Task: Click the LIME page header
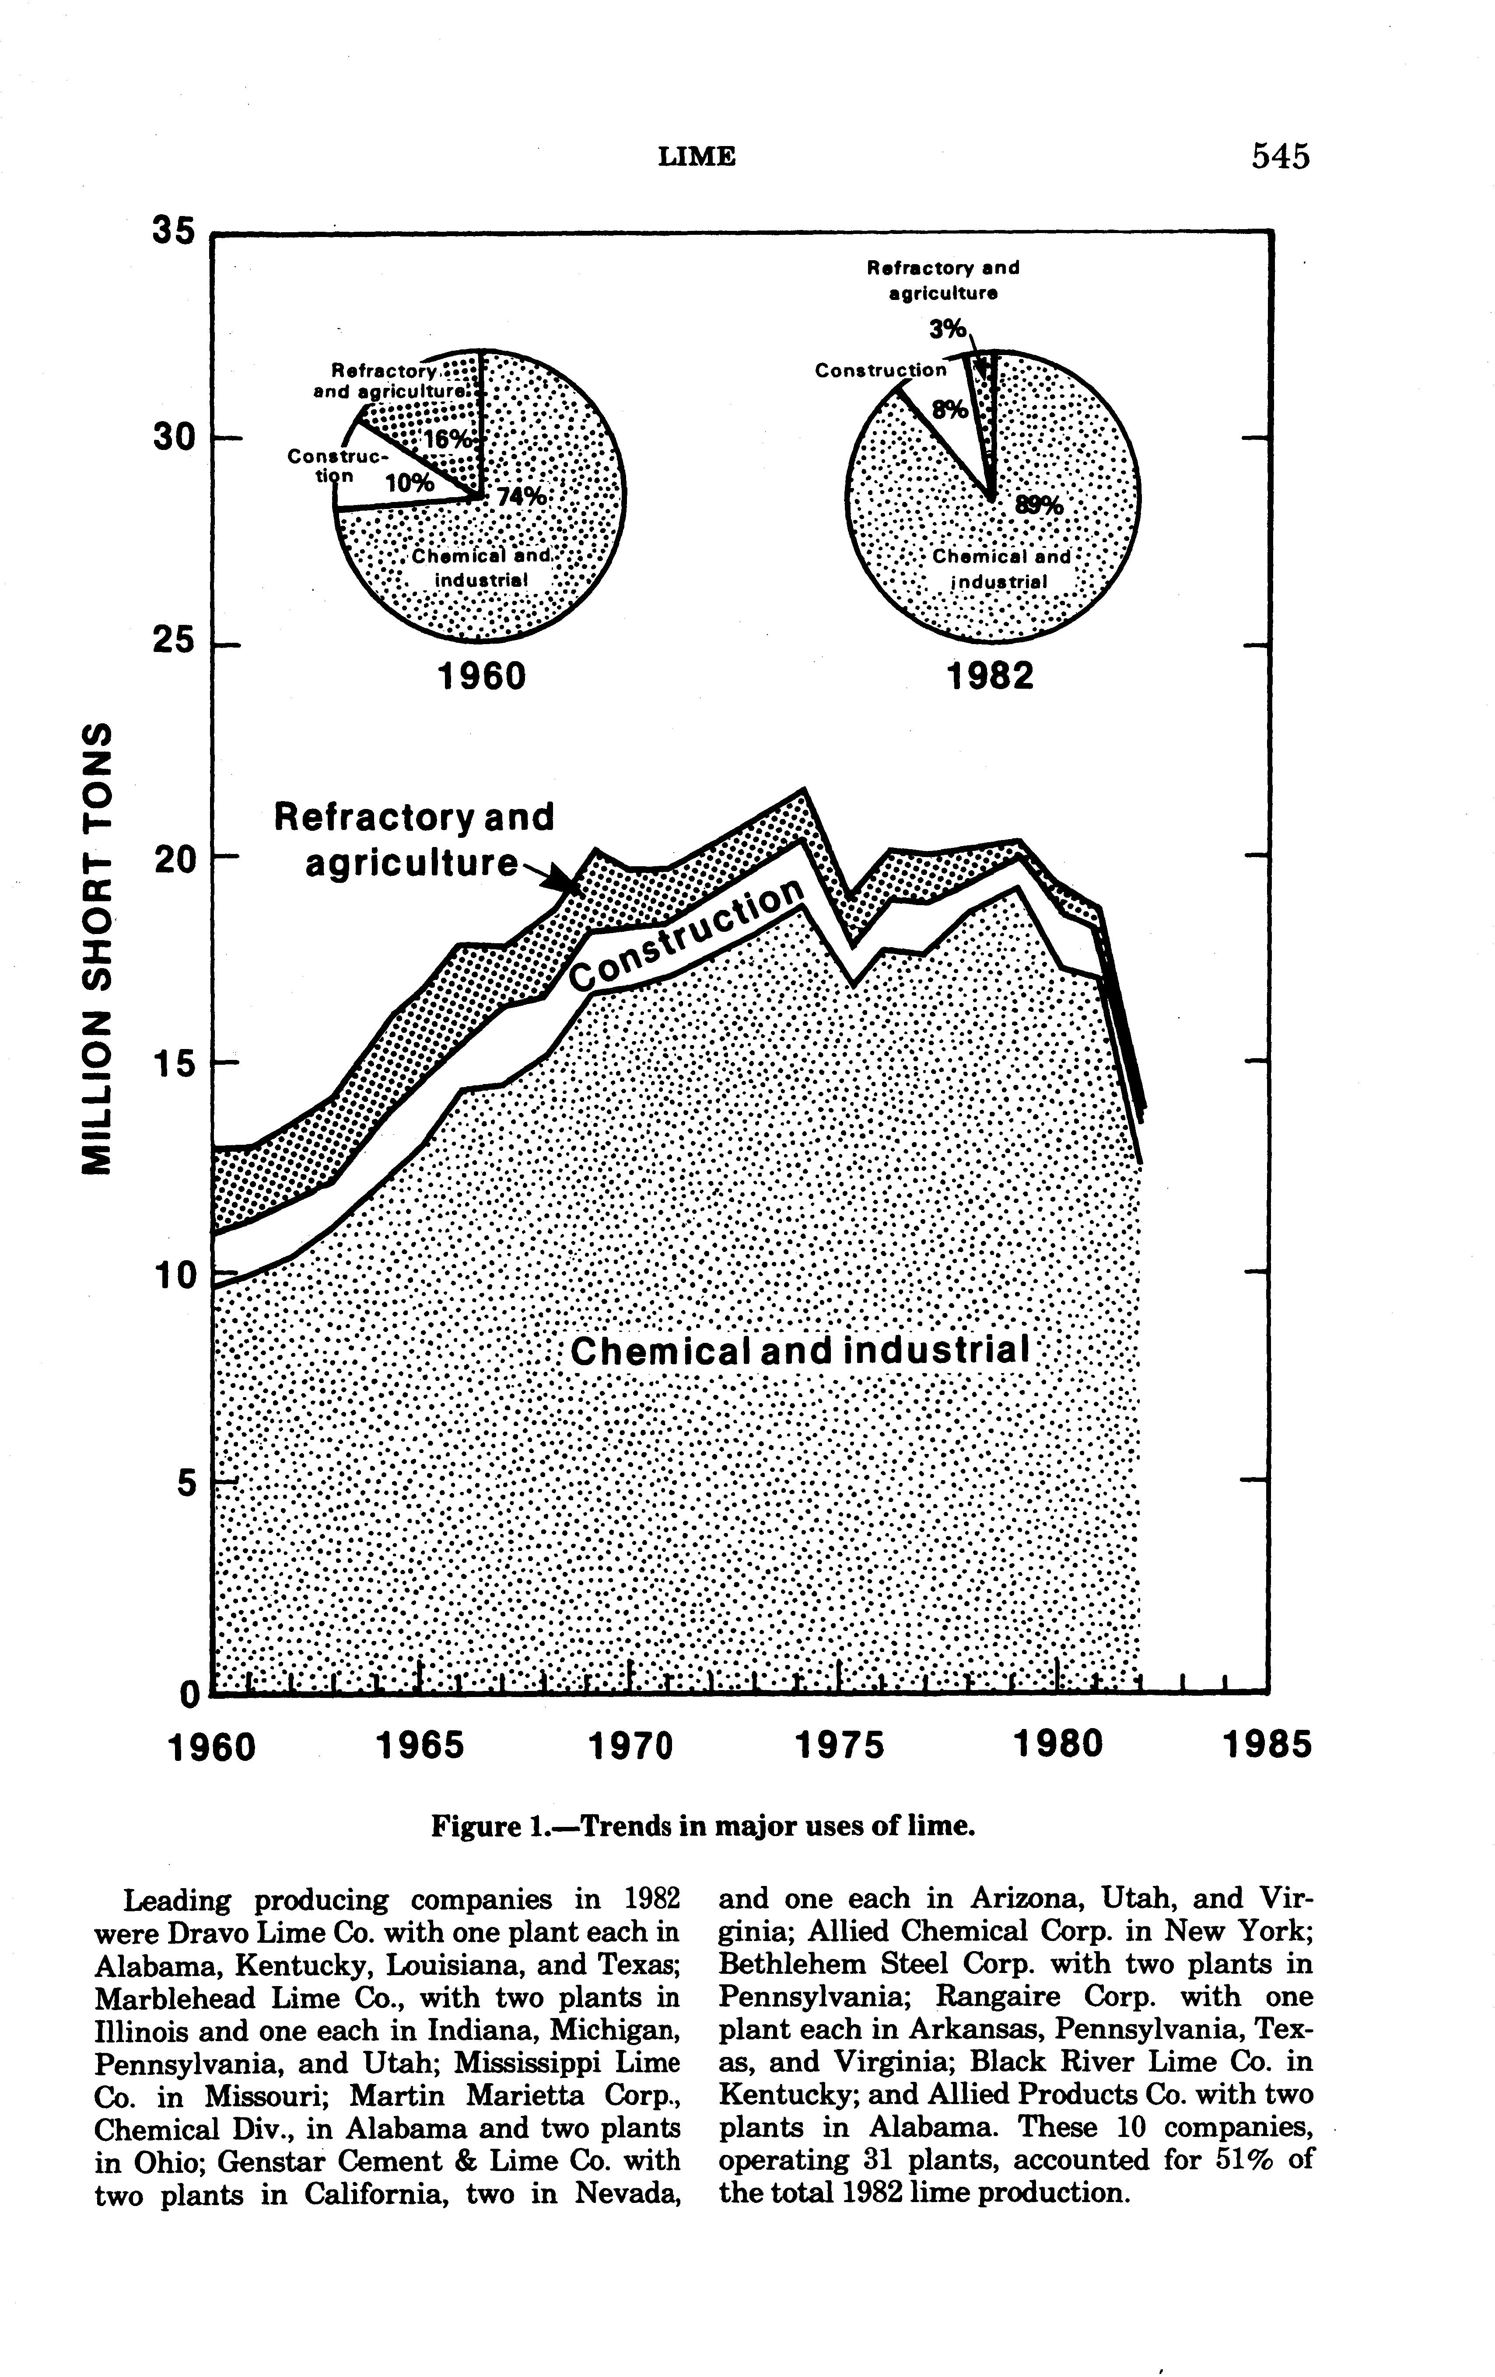point(697,157)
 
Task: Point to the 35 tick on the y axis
point(174,230)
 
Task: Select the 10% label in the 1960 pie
point(408,483)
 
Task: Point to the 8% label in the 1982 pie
point(950,409)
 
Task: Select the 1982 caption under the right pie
point(991,676)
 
